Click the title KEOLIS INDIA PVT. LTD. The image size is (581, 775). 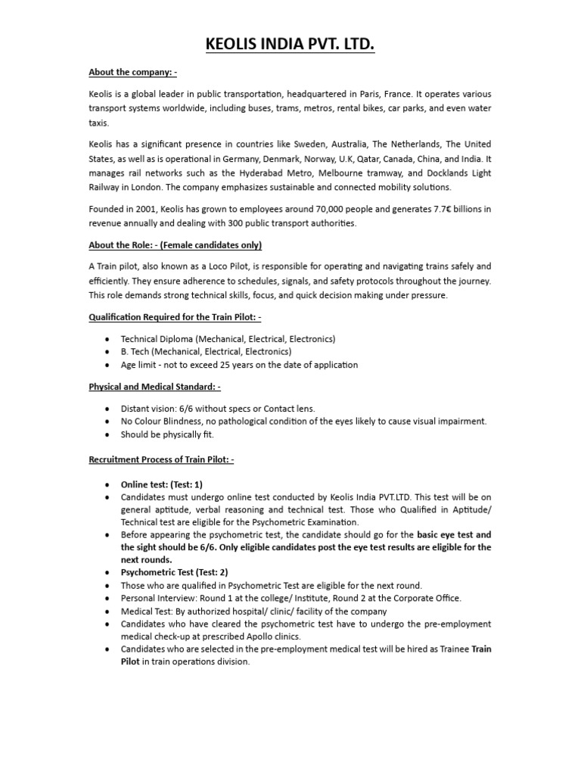(290, 47)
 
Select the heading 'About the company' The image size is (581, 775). (133, 73)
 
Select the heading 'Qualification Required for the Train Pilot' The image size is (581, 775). (176, 317)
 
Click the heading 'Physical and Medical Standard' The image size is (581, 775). (154, 387)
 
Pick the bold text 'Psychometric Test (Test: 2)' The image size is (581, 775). (174, 572)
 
